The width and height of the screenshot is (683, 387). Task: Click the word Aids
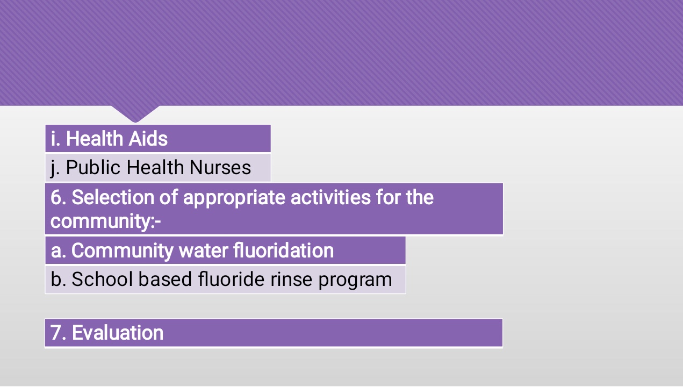tap(148, 139)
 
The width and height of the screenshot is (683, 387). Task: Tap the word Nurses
tap(220, 167)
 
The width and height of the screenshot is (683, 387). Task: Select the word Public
tap(94, 167)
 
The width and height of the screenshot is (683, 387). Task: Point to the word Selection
tap(113, 197)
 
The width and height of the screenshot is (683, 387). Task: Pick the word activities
tap(330, 197)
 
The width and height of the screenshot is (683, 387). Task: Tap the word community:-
tap(105, 221)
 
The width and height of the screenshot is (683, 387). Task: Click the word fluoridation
tap(284, 250)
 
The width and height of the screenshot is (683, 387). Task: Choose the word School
tap(102, 279)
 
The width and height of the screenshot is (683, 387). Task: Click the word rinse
tap(291, 279)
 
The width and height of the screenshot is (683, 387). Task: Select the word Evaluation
tap(118, 332)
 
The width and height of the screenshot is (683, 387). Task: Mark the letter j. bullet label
tap(55, 168)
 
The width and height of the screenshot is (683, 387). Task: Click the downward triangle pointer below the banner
tap(135, 113)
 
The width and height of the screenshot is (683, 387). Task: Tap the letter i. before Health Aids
tap(55, 139)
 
